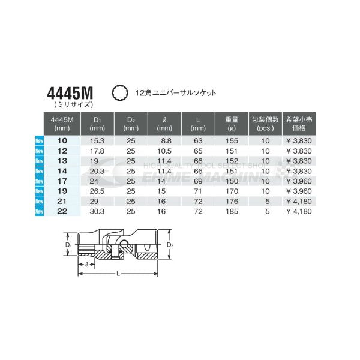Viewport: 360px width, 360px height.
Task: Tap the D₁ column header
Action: [97, 124]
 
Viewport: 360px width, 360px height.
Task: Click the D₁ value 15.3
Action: [97, 140]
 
